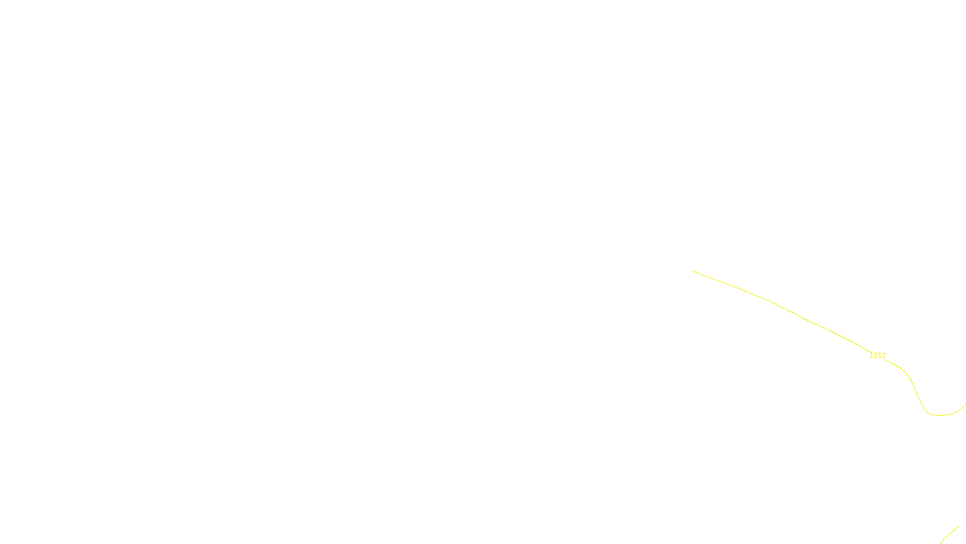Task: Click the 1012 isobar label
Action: pos(877,355)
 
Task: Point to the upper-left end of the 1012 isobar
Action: pos(693,271)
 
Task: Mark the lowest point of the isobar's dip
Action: pos(939,415)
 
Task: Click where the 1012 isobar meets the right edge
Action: pos(965,404)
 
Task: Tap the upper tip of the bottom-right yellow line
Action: pos(958,527)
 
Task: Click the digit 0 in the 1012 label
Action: pos(875,355)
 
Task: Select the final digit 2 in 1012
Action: pos(884,355)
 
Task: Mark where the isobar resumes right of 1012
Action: pos(888,360)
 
